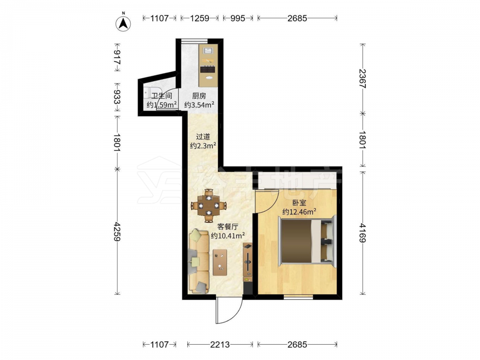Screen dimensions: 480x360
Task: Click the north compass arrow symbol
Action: point(123,23)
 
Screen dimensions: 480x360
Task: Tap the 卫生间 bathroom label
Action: point(162,96)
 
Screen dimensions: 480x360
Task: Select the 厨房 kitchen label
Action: point(199,96)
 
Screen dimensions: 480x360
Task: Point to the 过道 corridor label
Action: point(203,136)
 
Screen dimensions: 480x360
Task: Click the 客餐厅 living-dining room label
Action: point(228,227)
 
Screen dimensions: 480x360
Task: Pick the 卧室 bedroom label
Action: point(299,203)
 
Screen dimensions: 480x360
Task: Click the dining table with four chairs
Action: point(209,205)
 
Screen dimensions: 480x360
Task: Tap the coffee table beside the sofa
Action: point(220,263)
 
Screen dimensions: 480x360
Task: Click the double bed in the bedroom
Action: point(307,240)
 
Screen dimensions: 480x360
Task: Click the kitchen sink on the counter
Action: point(208,51)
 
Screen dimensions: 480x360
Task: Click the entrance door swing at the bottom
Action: point(228,310)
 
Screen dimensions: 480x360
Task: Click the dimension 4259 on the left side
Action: point(117,232)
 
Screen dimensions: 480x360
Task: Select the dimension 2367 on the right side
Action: point(362,79)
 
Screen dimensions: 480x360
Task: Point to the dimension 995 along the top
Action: point(238,18)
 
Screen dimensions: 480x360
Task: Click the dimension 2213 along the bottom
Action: point(220,345)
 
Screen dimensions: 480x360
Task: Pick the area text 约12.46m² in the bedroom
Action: point(299,212)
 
